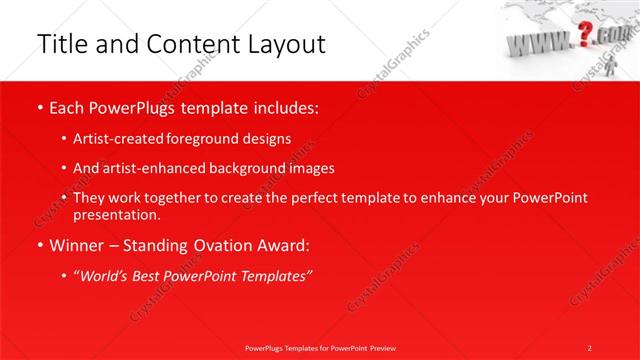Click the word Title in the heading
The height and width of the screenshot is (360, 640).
(x=62, y=44)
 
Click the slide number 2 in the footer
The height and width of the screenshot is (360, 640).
(x=590, y=347)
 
